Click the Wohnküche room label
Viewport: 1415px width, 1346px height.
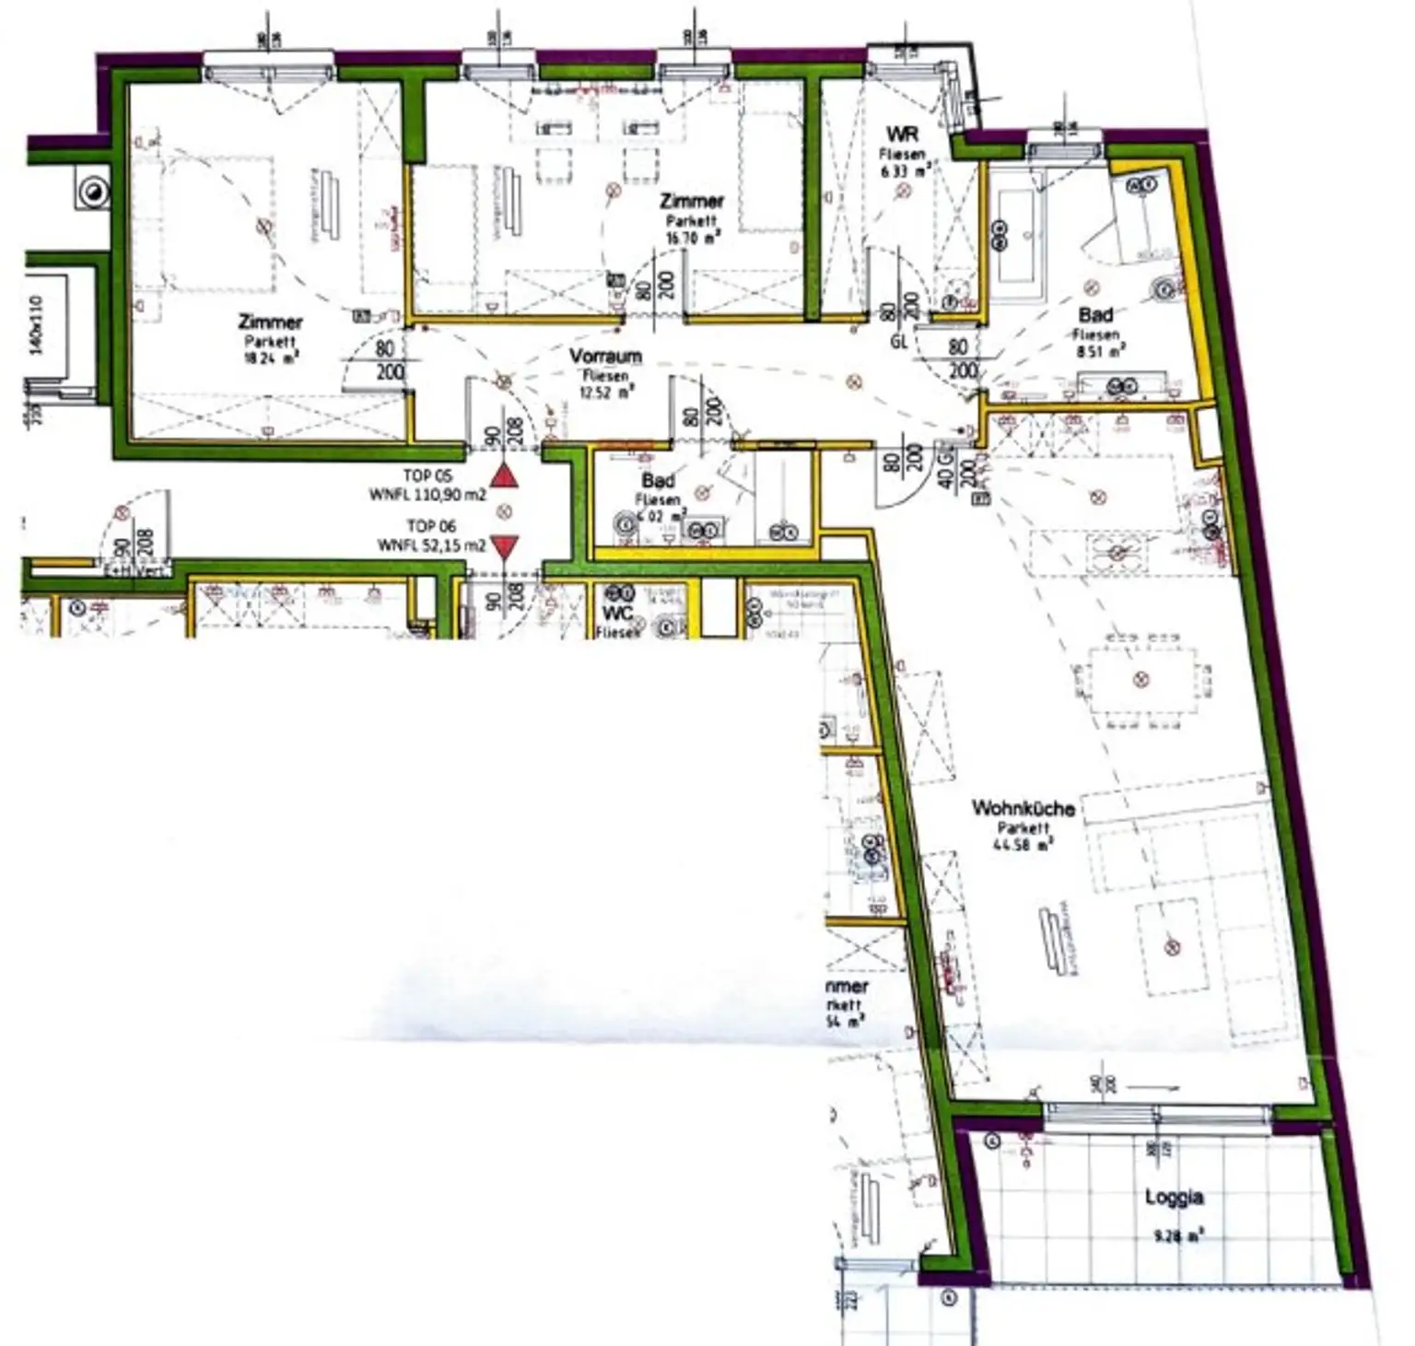(1023, 808)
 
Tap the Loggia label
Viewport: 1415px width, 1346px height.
(1174, 1197)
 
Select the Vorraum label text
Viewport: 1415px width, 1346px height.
(605, 357)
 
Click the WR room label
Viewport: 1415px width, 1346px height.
(902, 135)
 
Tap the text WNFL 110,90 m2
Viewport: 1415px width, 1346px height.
(427, 495)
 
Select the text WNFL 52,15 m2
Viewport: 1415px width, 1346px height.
(431, 545)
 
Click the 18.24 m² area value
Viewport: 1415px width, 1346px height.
(271, 359)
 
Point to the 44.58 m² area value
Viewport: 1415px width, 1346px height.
(1023, 844)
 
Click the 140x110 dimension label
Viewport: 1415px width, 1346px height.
(38, 325)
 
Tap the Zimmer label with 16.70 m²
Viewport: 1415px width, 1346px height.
(692, 201)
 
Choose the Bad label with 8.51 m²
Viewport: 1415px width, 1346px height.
(1095, 315)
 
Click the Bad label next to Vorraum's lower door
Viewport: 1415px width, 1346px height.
(658, 480)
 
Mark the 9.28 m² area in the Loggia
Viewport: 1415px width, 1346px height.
(1178, 1236)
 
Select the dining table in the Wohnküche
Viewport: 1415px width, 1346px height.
(1142, 680)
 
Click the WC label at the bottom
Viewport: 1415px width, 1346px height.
(617, 614)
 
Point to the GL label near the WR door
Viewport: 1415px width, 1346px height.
(900, 342)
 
